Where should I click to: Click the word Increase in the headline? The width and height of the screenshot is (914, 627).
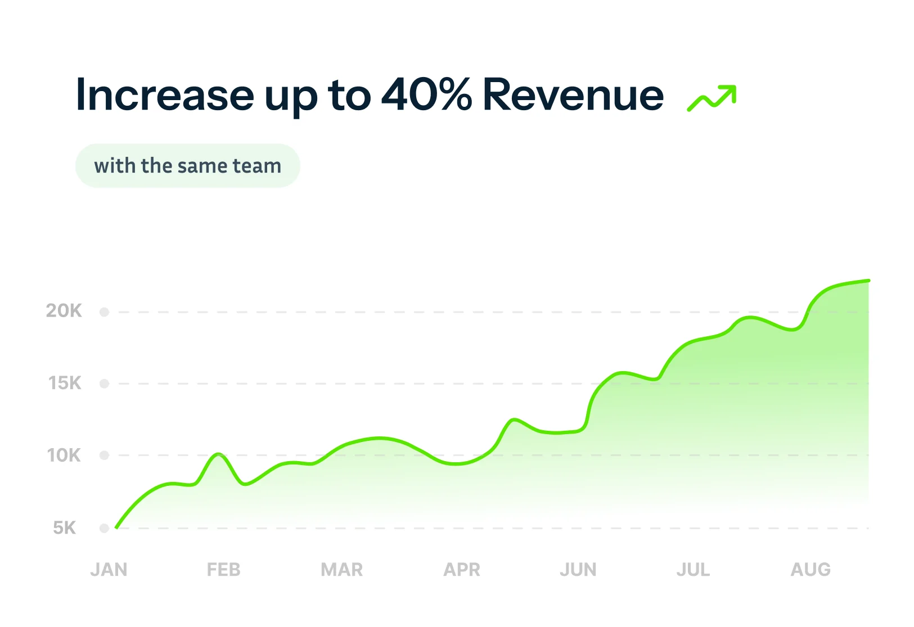pyautogui.click(x=164, y=95)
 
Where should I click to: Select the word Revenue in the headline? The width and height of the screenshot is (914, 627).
pyautogui.click(x=573, y=95)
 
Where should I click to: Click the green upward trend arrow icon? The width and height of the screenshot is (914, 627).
pyautogui.click(x=712, y=98)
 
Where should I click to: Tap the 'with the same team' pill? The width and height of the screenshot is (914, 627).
pyautogui.click(x=187, y=166)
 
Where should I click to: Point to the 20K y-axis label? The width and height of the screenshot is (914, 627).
pyautogui.click(x=64, y=311)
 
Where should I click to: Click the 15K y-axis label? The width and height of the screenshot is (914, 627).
pyautogui.click(x=65, y=384)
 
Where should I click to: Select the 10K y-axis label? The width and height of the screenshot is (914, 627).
pyautogui.click(x=64, y=455)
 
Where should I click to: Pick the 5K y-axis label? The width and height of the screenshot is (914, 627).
pyautogui.click(x=65, y=528)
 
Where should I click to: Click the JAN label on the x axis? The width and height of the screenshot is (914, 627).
pyautogui.click(x=109, y=570)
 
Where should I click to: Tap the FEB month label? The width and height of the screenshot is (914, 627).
pyautogui.click(x=223, y=570)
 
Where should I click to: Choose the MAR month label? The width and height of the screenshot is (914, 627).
pyautogui.click(x=341, y=570)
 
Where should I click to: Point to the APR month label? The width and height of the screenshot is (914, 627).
pyautogui.click(x=462, y=570)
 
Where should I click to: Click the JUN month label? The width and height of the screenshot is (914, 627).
pyautogui.click(x=578, y=570)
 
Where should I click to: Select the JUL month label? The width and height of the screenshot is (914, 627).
pyautogui.click(x=693, y=570)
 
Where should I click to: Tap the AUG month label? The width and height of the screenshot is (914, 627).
pyautogui.click(x=811, y=570)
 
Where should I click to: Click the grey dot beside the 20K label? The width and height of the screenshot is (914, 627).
pyautogui.click(x=104, y=312)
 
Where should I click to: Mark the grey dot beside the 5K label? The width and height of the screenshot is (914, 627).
pyautogui.click(x=104, y=528)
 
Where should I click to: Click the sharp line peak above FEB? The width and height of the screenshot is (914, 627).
pyautogui.click(x=219, y=454)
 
